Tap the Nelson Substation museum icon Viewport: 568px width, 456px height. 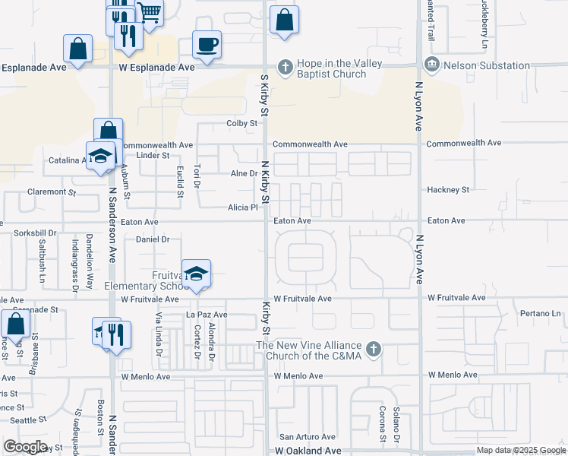pyautogui.click(x=432, y=66)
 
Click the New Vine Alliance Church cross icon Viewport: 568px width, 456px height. pyautogui.click(x=372, y=350)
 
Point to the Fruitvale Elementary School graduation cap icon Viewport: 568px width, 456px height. pyautogui.click(x=196, y=275)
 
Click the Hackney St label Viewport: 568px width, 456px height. pyautogui.click(x=448, y=189)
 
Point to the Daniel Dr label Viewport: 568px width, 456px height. pyautogui.click(x=152, y=239)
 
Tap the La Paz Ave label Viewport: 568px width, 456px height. pyautogui.click(x=207, y=315)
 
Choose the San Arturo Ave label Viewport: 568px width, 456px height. pyautogui.click(x=308, y=437)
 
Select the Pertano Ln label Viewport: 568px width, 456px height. pyautogui.click(x=540, y=313)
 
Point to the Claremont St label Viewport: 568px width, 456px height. pyautogui.click(x=52, y=192)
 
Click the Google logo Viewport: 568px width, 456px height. pyautogui.click(x=25, y=447)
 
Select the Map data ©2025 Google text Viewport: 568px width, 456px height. pyautogui.click(x=521, y=451)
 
